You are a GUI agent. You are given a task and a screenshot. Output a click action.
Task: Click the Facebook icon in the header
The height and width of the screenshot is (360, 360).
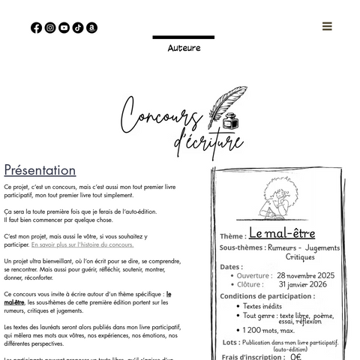tap(36, 28)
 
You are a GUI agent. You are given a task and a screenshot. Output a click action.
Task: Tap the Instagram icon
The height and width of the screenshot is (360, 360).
tap(50, 28)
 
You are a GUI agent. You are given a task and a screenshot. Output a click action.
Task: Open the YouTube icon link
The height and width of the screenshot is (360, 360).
tap(64, 28)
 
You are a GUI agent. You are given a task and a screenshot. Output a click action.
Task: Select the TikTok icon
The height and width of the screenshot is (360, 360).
tap(78, 28)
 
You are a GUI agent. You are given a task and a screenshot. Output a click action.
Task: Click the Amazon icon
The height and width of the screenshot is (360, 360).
tap(91, 28)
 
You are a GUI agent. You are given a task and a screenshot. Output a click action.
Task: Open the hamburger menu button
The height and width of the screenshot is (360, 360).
tap(327, 26)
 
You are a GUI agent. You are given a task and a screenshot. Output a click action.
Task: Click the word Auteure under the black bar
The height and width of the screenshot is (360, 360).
tap(184, 48)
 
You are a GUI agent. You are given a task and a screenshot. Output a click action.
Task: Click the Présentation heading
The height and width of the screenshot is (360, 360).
tap(40, 170)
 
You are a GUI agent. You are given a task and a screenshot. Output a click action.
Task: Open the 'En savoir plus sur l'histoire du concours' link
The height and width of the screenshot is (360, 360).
tap(82, 244)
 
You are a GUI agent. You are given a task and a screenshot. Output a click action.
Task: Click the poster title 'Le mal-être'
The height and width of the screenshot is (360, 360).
tap(281, 233)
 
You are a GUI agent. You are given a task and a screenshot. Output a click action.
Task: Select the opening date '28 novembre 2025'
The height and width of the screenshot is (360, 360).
tap(305, 275)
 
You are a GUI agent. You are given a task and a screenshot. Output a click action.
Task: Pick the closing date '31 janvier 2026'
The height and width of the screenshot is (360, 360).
tap(302, 284)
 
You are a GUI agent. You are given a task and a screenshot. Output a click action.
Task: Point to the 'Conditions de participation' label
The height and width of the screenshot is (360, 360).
tap(265, 295)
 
